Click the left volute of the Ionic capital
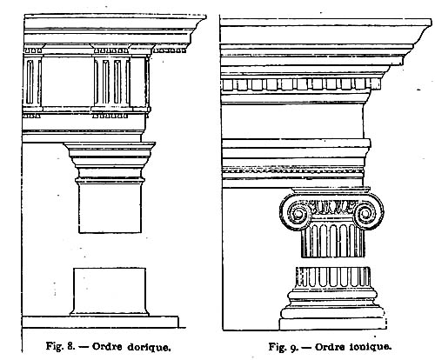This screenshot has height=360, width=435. pos(297,214)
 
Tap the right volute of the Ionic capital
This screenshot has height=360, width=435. pos(366,214)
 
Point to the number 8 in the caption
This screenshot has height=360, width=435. pos(70,346)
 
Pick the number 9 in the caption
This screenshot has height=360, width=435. pos(293,348)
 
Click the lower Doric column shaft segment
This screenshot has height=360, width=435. pos(109,292)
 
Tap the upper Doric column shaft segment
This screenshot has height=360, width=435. pos(110,207)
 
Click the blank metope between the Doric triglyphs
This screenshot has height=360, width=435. pos(67,82)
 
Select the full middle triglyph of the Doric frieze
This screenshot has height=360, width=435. pos(112,82)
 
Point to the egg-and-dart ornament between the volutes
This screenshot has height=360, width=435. pos(331,206)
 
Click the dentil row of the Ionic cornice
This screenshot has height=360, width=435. pos(300,84)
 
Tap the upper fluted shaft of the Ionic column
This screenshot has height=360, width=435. pos(332,241)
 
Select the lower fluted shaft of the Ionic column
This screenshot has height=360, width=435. pos(332,277)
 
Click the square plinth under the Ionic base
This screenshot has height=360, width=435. pos(332,324)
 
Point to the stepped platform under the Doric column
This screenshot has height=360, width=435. pos(100,322)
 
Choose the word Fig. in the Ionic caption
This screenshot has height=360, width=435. pos(278,347)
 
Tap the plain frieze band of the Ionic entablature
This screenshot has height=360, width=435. pos(292,121)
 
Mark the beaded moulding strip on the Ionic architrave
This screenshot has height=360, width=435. pos(293,171)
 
